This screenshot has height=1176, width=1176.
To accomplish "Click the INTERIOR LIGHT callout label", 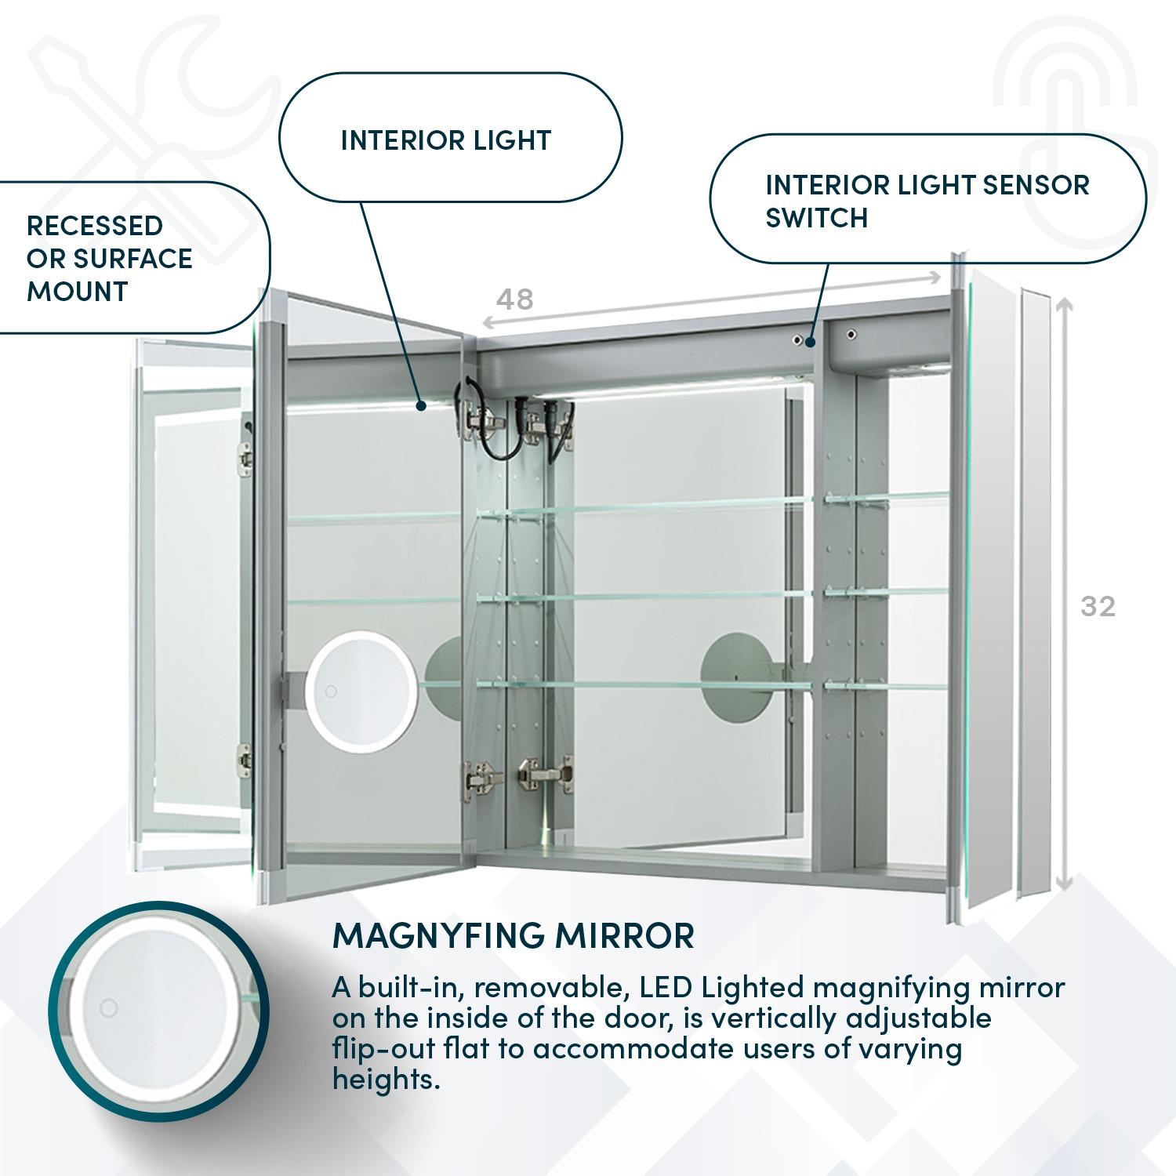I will pyautogui.click(x=446, y=140).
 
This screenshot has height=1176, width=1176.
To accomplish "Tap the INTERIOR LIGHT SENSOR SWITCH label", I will pyautogui.click(x=927, y=201).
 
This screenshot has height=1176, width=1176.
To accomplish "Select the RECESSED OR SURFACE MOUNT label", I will pyautogui.click(x=109, y=258).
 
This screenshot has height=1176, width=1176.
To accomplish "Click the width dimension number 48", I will pyautogui.click(x=515, y=299).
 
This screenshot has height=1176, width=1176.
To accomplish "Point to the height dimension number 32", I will pyautogui.click(x=1098, y=606).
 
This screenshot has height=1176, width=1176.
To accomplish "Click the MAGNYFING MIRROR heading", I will pyautogui.click(x=514, y=936).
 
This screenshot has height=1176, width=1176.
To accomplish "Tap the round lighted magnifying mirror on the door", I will pyautogui.click(x=361, y=691).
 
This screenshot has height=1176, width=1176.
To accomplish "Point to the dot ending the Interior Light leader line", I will pyautogui.click(x=421, y=405).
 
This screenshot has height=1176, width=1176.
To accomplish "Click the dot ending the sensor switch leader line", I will pyautogui.click(x=810, y=342).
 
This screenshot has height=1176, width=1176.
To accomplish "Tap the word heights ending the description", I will pyautogui.click(x=385, y=1080).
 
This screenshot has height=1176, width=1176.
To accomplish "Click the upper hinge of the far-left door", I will pyautogui.click(x=245, y=458).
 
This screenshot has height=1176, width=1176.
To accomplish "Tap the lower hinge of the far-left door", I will pyautogui.click(x=245, y=760).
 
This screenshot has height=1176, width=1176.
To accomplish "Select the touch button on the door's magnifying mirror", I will pyautogui.click(x=331, y=691).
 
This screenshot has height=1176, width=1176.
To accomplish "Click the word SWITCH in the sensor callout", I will pyautogui.click(x=816, y=218).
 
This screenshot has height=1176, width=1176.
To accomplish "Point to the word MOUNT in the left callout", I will pyautogui.click(x=77, y=292).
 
